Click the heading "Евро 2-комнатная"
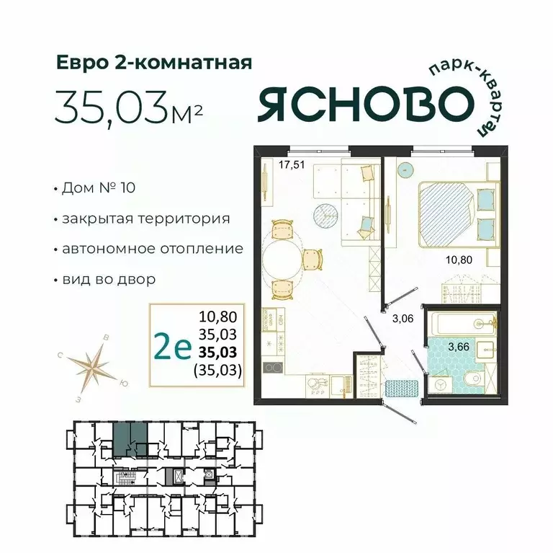(x=153, y=63)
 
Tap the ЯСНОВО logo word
(x=360, y=105)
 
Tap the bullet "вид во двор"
(x=109, y=278)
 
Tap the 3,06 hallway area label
(x=401, y=315)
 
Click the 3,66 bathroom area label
(x=459, y=347)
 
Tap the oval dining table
(x=282, y=258)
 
